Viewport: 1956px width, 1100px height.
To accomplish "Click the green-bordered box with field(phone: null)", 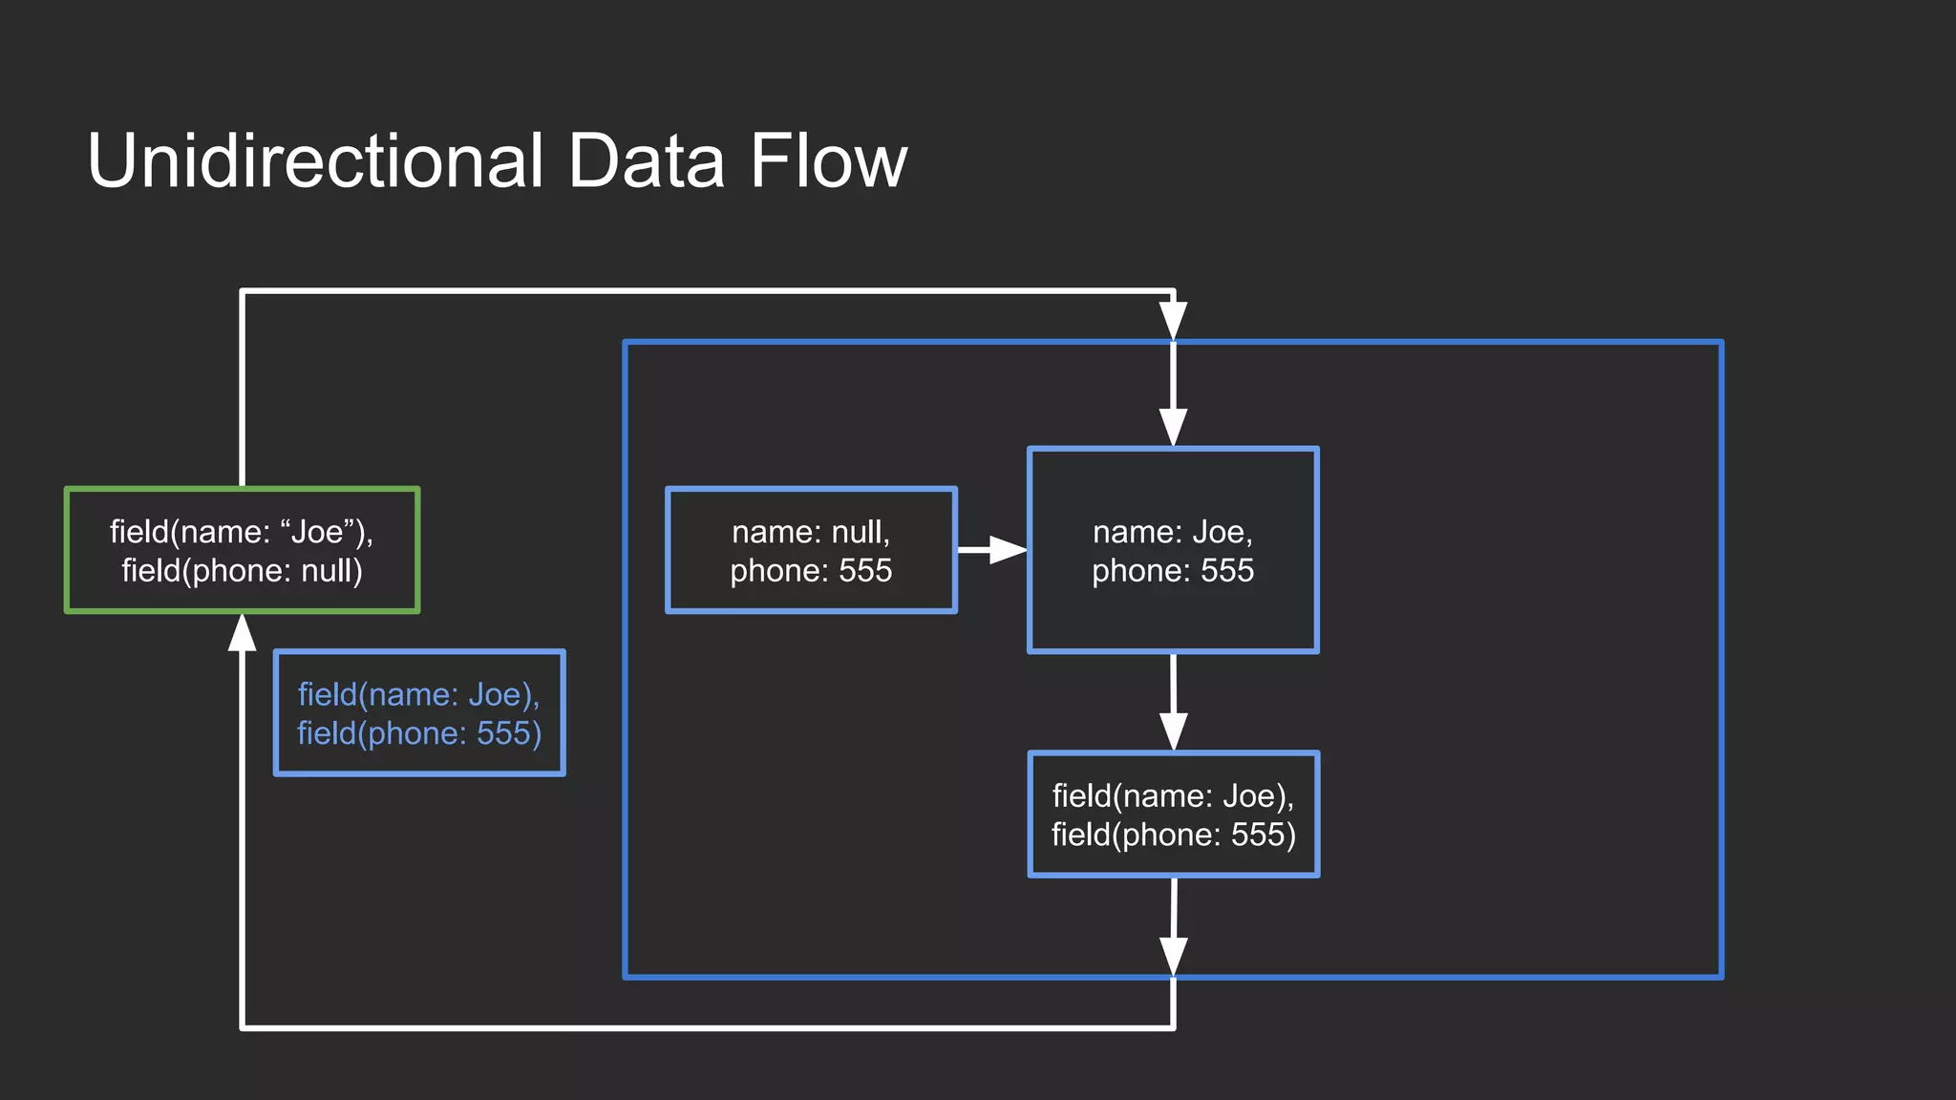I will point(242,550).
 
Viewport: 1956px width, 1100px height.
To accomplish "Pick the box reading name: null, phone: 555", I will point(811,550).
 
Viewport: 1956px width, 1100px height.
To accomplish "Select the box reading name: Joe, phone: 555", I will point(1173,550).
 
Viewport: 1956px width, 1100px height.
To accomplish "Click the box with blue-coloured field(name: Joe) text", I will point(419,713).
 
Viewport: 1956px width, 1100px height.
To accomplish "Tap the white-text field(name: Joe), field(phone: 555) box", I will point(1173,814).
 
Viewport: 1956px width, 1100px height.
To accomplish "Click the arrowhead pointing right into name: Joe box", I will point(1007,550).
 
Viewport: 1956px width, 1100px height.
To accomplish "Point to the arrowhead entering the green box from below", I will point(243,633).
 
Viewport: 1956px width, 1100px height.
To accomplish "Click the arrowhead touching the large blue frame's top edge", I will point(1173,321).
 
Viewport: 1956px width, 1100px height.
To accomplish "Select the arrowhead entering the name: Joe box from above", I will point(1173,427).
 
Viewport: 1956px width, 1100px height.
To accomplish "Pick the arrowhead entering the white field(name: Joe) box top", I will point(1173,730).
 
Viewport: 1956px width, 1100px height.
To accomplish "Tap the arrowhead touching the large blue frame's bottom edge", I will point(1173,956).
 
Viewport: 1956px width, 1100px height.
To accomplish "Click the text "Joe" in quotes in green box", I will point(316,532).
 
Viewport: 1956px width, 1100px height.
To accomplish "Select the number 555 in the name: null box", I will point(864,571).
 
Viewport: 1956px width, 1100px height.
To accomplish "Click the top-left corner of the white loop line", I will point(243,291).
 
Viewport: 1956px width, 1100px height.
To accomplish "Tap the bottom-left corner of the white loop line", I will point(243,1027).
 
